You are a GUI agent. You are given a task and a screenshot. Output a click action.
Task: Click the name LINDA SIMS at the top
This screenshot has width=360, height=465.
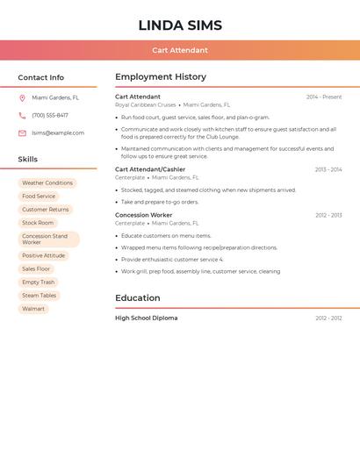tap(180, 25)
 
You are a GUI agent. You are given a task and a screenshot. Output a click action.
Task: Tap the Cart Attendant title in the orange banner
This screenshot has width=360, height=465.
tap(180, 50)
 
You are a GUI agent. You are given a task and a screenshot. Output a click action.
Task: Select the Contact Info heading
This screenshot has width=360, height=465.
tap(41, 77)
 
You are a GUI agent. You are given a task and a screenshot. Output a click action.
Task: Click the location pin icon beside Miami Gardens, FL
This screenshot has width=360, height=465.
tap(22, 98)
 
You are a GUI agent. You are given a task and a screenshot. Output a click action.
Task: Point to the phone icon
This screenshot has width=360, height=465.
tap(22, 116)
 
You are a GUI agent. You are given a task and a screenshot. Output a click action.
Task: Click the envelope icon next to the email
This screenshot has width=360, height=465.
tap(22, 133)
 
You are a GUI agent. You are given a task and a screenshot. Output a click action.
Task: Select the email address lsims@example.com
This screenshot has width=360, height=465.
tap(58, 133)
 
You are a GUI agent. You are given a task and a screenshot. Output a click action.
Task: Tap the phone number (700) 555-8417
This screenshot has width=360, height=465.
tap(50, 116)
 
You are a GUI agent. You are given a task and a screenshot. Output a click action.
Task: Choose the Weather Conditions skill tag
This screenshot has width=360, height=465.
tap(47, 183)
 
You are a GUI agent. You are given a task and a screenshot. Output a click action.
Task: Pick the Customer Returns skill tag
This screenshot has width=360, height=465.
tap(46, 210)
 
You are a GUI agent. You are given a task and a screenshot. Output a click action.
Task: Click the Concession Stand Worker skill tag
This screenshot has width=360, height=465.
tap(48, 239)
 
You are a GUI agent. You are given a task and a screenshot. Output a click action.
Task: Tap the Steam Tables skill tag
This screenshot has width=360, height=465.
tap(40, 296)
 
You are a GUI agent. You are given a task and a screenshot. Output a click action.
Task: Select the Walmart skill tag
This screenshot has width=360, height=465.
tap(33, 309)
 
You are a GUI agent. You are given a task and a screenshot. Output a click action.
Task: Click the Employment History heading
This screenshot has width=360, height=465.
tap(161, 77)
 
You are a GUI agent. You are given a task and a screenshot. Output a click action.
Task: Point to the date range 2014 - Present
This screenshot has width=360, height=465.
tap(324, 97)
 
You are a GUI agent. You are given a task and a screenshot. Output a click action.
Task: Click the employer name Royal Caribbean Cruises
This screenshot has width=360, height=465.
tap(145, 105)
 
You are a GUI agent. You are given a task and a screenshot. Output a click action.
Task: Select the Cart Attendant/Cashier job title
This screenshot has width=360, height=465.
tap(150, 169)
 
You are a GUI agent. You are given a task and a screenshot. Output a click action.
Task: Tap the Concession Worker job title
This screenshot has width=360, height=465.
tap(143, 215)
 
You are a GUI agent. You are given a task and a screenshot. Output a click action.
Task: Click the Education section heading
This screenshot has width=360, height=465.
tap(138, 298)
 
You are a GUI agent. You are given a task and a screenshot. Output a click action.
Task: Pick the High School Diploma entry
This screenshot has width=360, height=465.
tap(146, 318)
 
